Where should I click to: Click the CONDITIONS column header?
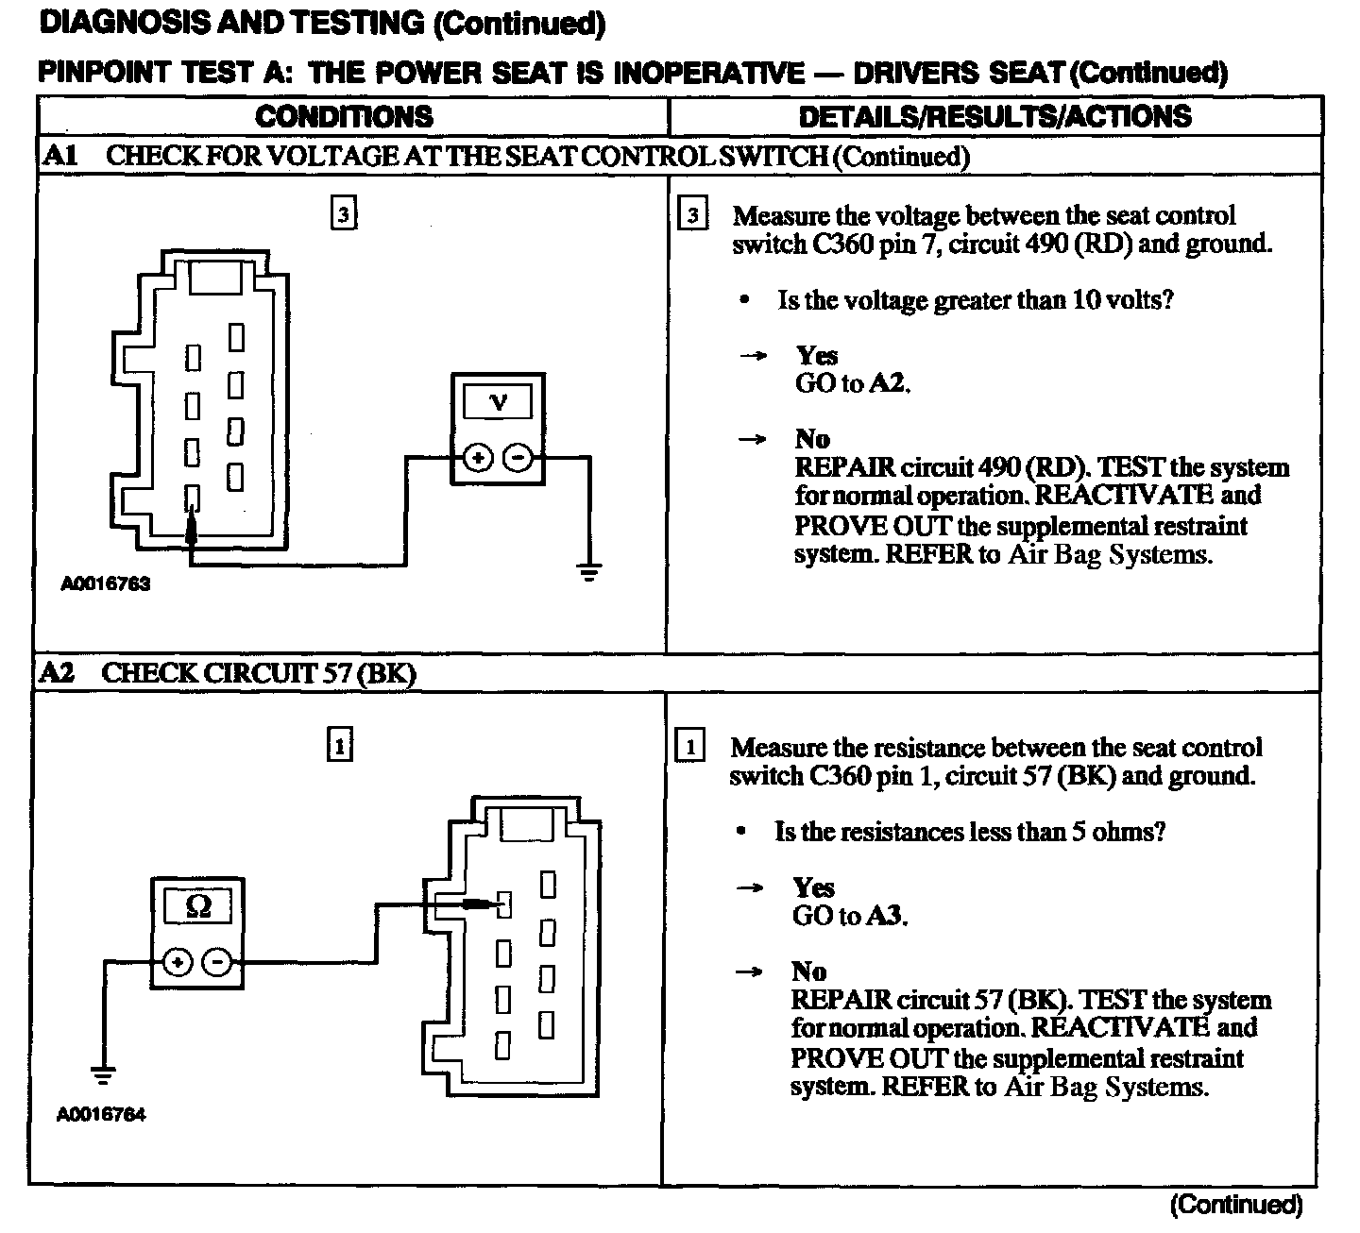pyautogui.click(x=344, y=116)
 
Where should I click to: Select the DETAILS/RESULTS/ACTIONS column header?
pyautogui.click(x=994, y=116)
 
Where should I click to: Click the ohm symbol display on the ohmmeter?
pyautogui.click(x=198, y=906)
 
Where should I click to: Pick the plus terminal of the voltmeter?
pyautogui.click(x=478, y=459)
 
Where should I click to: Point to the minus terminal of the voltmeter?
pyautogui.click(x=518, y=459)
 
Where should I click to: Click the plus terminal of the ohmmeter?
pyautogui.click(x=177, y=963)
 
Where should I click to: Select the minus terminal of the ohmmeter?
pyautogui.click(x=218, y=963)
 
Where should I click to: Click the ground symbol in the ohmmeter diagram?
pyautogui.click(x=102, y=1074)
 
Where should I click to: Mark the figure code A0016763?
pyautogui.click(x=106, y=583)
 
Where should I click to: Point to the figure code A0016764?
pyautogui.click(x=102, y=1115)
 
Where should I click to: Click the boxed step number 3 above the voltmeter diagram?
pyautogui.click(x=343, y=214)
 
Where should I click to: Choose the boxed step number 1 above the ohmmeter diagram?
pyautogui.click(x=339, y=746)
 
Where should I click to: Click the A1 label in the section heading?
pyautogui.click(x=59, y=156)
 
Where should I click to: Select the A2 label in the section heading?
pyautogui.click(x=58, y=672)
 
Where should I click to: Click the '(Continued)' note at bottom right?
pyautogui.click(x=1236, y=1205)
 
